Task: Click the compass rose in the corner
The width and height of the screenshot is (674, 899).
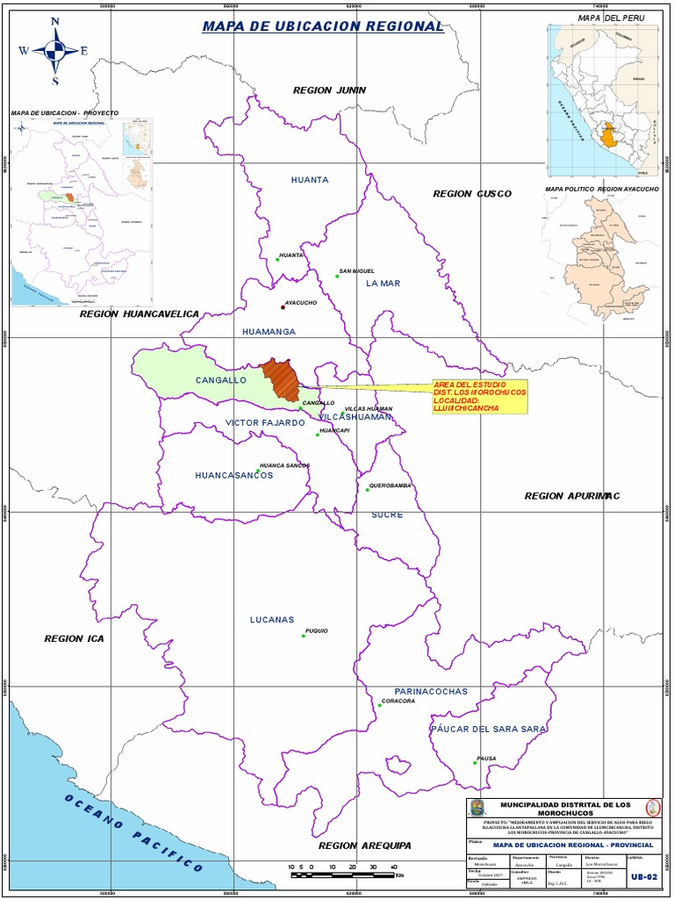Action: pos(54,50)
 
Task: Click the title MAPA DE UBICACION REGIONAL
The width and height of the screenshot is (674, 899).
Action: pos(323,26)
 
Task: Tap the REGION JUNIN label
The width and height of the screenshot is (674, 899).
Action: pos(329,90)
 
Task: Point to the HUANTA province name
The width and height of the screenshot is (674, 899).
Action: pos(310,180)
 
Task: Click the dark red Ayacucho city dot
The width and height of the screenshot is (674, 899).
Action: pos(283,307)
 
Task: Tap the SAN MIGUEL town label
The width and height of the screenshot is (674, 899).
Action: pos(357,270)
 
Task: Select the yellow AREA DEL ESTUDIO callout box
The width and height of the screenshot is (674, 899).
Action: pos(478,396)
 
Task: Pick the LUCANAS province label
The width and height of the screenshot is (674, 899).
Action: pos(271,620)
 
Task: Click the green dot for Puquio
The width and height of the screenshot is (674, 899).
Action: pos(303,636)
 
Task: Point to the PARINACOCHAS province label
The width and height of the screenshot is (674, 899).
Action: pos(431,691)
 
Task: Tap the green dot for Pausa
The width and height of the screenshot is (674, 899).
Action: pos(475,763)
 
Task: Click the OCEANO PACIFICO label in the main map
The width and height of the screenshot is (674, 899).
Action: pos(132,831)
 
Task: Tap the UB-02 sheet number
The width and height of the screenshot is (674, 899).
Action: pos(643,876)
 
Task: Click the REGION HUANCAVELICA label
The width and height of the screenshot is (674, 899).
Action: pos(140,313)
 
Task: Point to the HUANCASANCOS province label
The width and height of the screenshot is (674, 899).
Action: pos(233,475)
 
